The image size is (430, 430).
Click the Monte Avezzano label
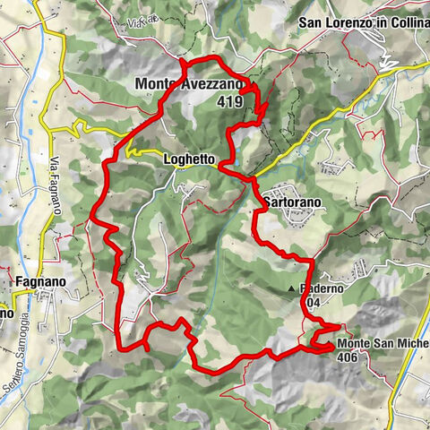188,84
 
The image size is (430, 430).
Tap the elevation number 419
228,101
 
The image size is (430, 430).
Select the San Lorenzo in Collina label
363,22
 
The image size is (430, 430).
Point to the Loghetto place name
189,159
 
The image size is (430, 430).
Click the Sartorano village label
293,203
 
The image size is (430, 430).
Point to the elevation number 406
350,357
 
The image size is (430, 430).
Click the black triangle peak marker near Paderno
293,289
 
